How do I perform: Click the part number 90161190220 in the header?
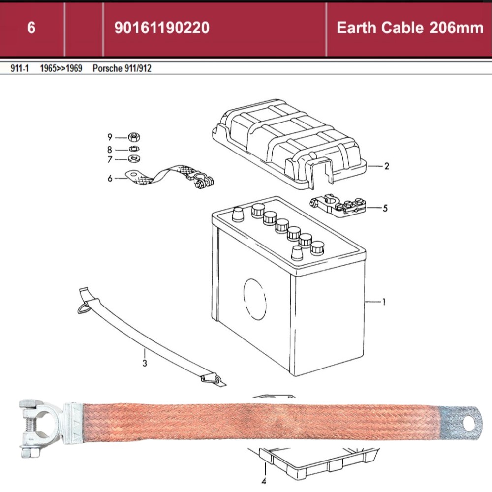[x=161, y=28]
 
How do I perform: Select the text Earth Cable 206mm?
[x=409, y=28]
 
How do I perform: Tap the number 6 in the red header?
[x=31, y=28]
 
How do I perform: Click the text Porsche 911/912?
[x=122, y=68]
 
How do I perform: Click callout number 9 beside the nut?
[x=110, y=137]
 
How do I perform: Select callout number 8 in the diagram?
[x=110, y=149]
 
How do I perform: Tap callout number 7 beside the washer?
[x=110, y=159]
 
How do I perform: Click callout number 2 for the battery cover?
[x=387, y=166]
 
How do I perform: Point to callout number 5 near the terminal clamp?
[x=385, y=208]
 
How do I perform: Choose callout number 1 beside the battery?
[x=384, y=301]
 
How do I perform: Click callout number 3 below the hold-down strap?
[x=145, y=364]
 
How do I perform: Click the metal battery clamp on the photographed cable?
[x=42, y=424]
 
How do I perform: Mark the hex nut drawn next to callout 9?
[x=132, y=137]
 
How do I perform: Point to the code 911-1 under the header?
[x=19, y=68]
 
